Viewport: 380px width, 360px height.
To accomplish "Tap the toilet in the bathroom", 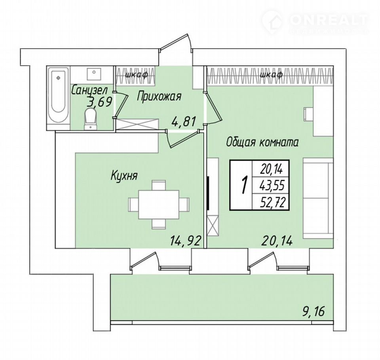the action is click(x=90, y=119).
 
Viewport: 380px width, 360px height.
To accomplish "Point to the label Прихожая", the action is click(x=159, y=97).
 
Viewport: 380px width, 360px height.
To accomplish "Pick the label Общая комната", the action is click(x=262, y=142).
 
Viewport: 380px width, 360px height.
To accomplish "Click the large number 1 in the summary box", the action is click(x=245, y=185).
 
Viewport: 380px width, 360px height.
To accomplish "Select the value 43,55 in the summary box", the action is click(x=272, y=186).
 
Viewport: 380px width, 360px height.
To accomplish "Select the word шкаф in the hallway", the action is click(x=137, y=74).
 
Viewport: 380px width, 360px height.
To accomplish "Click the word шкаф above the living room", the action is click(x=271, y=74).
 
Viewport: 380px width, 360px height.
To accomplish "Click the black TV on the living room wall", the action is click(x=208, y=193).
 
